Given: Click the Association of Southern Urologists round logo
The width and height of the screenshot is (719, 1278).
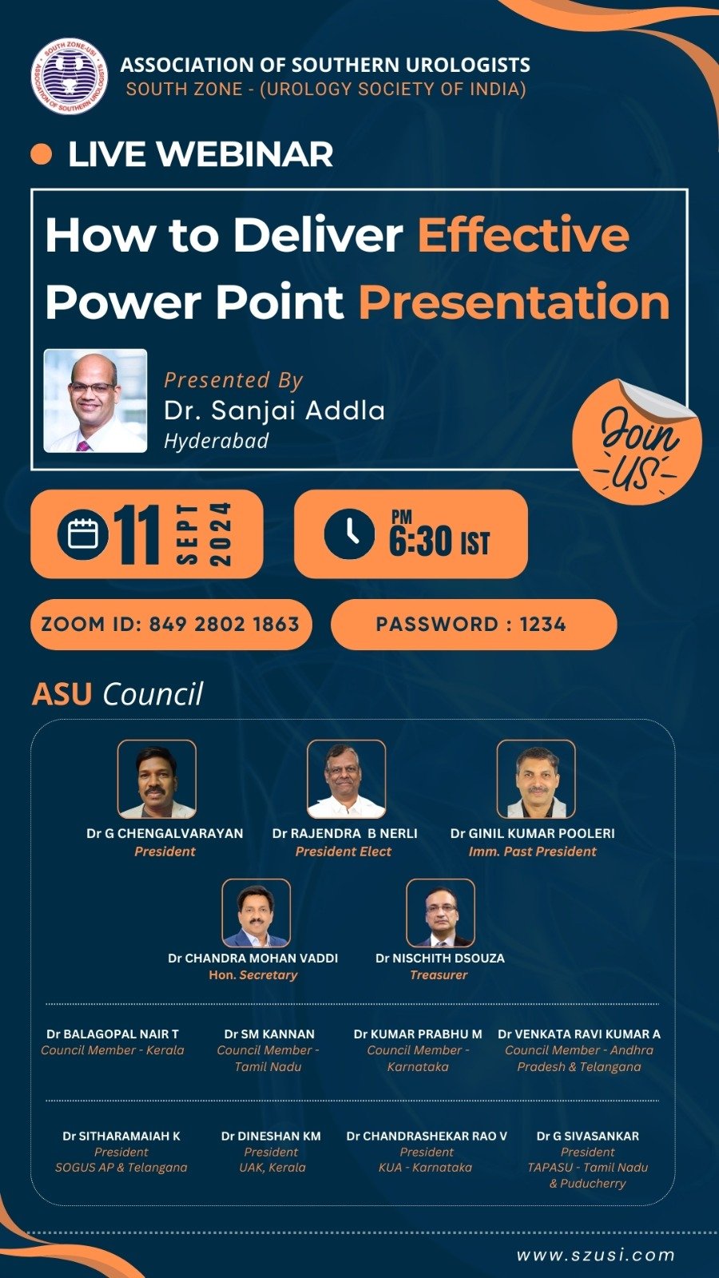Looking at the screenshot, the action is pyautogui.click(x=69, y=77).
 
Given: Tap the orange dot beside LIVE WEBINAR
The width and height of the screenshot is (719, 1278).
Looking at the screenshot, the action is pyautogui.click(x=41, y=154).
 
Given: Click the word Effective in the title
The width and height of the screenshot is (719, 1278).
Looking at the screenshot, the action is pyautogui.click(x=523, y=234).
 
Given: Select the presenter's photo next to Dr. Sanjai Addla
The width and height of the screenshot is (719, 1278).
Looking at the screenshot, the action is pyautogui.click(x=95, y=400).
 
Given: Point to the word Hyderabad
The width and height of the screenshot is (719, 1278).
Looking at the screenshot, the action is pyautogui.click(x=216, y=441).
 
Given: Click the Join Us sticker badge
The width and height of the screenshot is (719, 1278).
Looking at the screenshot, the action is pyautogui.click(x=638, y=443).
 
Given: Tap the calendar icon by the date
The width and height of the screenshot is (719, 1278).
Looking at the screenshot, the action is pyautogui.click(x=83, y=534).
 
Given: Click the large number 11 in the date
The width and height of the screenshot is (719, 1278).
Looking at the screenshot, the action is pyautogui.click(x=137, y=534).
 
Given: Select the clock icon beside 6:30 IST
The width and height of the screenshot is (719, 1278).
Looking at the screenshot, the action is pyautogui.click(x=349, y=534).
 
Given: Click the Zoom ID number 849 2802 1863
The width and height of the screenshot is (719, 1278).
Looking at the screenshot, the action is pyautogui.click(x=224, y=624).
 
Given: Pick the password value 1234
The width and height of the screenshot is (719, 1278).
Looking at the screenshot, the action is pyautogui.click(x=542, y=624).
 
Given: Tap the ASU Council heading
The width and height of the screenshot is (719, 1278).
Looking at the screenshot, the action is pyautogui.click(x=117, y=694).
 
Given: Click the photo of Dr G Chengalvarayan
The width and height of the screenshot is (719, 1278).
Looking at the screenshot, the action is pyautogui.click(x=157, y=780).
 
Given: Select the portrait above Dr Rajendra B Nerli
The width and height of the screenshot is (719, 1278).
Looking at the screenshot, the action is pyautogui.click(x=347, y=780).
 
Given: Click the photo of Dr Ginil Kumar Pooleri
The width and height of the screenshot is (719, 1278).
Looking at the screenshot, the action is pyautogui.click(x=536, y=780).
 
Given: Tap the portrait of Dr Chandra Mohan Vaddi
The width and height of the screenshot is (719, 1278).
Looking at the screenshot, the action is pyautogui.click(x=256, y=913).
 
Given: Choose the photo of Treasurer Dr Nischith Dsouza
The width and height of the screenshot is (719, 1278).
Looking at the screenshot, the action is pyautogui.click(x=440, y=913).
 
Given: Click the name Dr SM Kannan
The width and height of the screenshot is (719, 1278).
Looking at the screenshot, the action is pyautogui.click(x=269, y=1034).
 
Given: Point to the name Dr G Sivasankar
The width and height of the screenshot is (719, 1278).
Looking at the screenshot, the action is pyautogui.click(x=588, y=1136).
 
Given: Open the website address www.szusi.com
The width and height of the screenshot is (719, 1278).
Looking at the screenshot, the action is pyautogui.click(x=596, y=1255).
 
